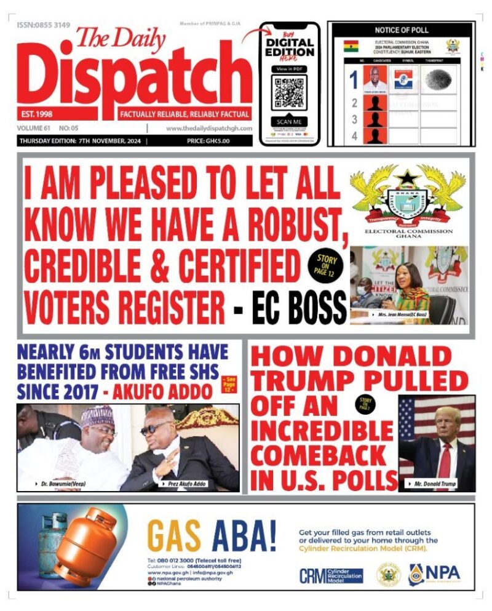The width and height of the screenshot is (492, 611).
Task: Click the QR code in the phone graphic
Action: (289, 92)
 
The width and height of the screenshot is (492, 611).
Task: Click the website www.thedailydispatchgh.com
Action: (209, 128)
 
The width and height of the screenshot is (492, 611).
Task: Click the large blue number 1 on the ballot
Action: (353, 80)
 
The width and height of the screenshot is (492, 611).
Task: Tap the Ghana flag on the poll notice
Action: (351, 46)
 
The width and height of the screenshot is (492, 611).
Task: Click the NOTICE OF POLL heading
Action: (401, 30)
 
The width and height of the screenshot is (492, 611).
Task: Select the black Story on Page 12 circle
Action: (327, 264)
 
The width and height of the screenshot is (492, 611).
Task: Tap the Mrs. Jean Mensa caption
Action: (405, 314)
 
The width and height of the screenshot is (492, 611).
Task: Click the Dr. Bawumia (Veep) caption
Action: (54, 484)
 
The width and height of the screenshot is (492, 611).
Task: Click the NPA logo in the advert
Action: (434, 573)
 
